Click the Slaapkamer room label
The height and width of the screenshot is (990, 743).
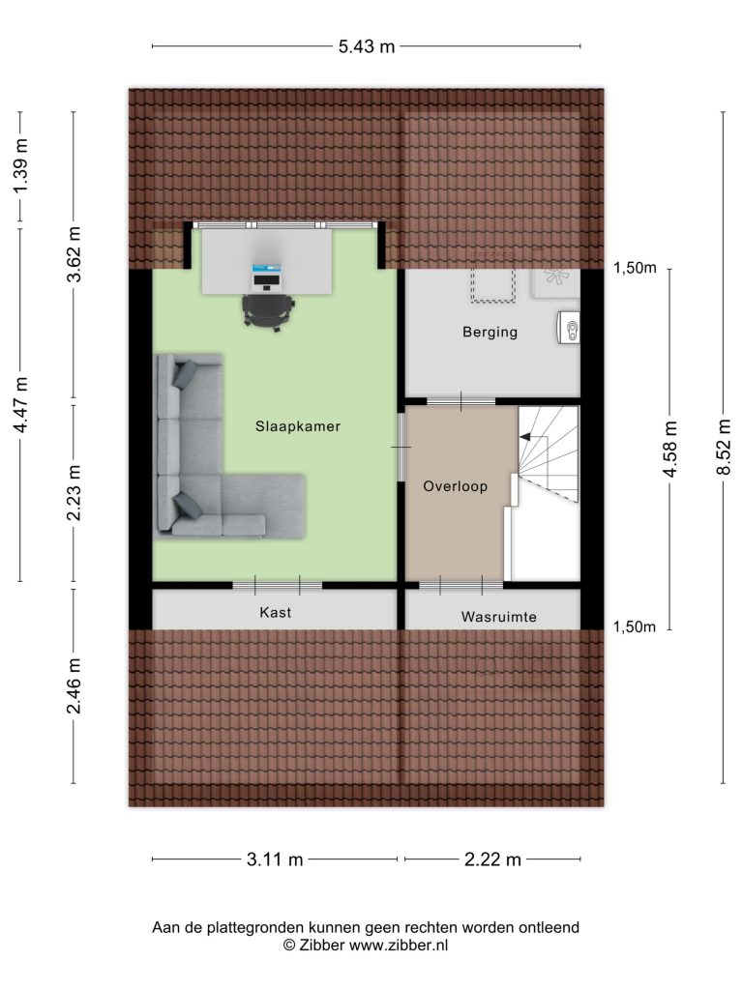click(298, 426)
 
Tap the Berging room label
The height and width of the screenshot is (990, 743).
click(490, 333)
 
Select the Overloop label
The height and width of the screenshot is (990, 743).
click(455, 486)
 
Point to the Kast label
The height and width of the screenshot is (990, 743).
click(276, 612)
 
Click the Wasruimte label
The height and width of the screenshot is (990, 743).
click(498, 617)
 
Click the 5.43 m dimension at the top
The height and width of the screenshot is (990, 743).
click(367, 46)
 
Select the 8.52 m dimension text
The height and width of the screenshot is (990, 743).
click(724, 447)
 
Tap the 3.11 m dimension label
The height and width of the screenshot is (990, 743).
click(275, 859)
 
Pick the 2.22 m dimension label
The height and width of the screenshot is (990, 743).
click(492, 859)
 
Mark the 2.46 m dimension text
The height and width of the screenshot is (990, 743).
click(74, 685)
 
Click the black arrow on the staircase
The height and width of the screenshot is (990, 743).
click(525, 436)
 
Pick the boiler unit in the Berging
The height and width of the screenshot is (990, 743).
click(569, 328)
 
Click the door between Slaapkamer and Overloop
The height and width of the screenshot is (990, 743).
click(401, 447)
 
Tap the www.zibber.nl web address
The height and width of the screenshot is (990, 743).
click(399, 946)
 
